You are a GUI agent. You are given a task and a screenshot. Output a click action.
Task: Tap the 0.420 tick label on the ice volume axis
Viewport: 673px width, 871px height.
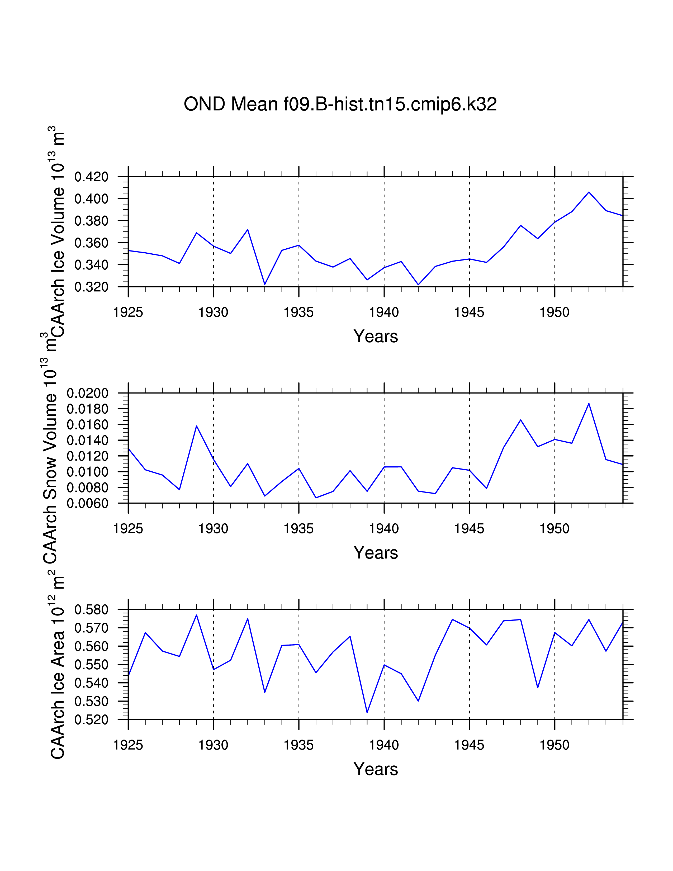pos(91,177)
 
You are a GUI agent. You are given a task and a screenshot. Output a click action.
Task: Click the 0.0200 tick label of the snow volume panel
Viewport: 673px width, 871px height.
pos(88,393)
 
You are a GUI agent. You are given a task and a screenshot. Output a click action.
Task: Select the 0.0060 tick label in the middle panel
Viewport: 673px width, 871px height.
pos(88,504)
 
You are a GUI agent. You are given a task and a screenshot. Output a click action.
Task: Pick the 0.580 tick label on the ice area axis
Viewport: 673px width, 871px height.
pos(91,610)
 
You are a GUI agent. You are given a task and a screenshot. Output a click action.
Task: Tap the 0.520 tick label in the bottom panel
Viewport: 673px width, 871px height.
pos(91,720)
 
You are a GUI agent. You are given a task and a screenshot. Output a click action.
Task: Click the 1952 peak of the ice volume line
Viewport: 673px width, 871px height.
pos(589,192)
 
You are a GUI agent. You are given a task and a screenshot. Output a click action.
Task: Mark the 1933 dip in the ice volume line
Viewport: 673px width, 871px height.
pos(265,284)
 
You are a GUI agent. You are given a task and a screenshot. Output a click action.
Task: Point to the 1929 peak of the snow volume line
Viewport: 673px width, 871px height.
pos(197,426)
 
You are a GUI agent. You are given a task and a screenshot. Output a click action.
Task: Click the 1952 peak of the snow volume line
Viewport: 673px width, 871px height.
pos(589,404)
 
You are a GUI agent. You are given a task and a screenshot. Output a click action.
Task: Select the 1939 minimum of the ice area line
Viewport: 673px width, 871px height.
pos(367,712)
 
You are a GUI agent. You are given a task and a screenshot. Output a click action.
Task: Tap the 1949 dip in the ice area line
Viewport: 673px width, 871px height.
pos(537,688)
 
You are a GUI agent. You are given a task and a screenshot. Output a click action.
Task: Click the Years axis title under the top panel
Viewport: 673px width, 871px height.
pos(376,337)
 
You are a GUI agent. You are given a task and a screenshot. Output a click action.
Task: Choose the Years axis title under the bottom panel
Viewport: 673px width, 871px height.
pos(376,769)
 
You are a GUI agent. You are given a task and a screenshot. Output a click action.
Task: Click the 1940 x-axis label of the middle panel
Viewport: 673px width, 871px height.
pos(383,529)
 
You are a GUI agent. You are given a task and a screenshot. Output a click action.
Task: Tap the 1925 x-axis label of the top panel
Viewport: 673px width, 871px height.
pos(128,312)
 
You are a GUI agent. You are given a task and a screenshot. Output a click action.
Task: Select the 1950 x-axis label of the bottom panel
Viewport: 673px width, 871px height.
pos(554,745)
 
